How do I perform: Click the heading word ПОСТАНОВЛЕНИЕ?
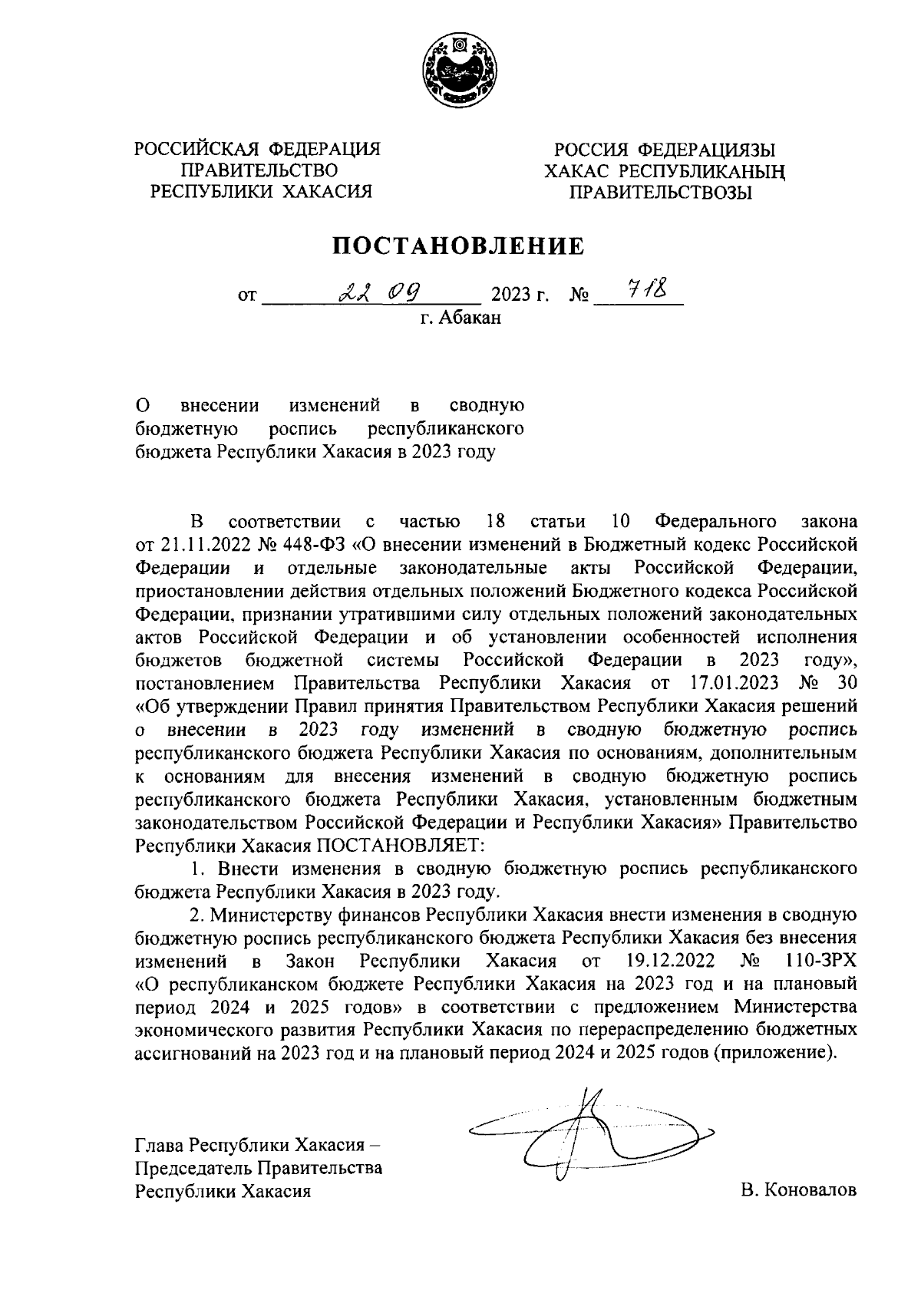[x=458, y=246]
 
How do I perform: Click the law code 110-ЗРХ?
[x=821, y=961]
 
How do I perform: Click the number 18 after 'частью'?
[x=496, y=522]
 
